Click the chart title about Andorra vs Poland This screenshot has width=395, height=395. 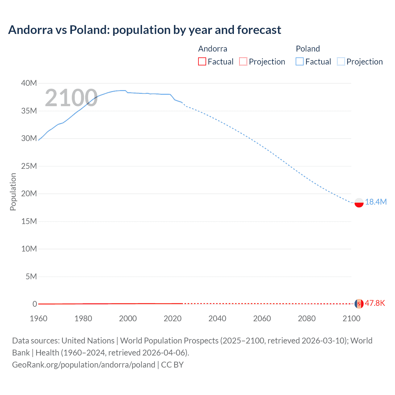144,30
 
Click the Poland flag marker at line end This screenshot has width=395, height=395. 359,202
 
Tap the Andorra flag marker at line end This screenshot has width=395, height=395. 359,304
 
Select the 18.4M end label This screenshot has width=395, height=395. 376,202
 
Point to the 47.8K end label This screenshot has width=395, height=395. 375,303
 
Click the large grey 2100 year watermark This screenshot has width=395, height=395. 71,98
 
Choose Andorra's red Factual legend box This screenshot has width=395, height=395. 202,61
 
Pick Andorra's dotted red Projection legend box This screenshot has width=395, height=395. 243,61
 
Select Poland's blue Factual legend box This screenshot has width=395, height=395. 300,61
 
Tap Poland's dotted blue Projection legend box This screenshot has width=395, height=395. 341,61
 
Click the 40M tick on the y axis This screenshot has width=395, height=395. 29,83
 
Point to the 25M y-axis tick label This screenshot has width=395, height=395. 29,166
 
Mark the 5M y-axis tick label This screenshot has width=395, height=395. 31,276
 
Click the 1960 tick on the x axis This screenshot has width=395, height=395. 39,318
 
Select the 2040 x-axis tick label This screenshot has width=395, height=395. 217,318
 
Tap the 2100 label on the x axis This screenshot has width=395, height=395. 351,318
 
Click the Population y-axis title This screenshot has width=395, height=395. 13,192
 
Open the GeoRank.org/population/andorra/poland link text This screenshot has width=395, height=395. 84,365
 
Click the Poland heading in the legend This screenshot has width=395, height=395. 308,49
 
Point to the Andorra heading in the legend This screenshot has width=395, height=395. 213,49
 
